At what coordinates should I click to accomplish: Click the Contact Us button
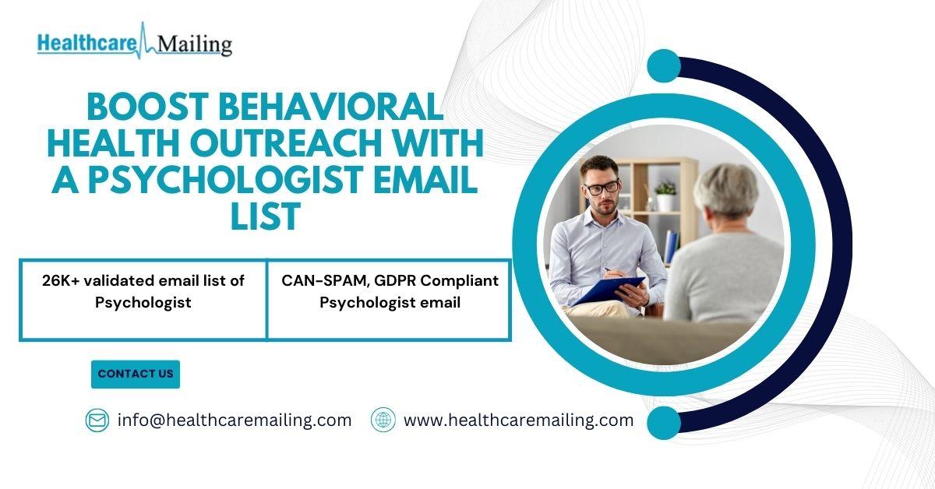[x=136, y=375]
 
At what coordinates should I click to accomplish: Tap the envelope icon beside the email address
[x=97, y=420]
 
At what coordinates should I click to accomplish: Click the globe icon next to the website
[x=383, y=420]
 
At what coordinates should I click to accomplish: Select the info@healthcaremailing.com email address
[x=235, y=420]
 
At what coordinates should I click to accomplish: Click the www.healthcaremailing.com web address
[x=518, y=420]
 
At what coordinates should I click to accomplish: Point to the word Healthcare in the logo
[x=87, y=44]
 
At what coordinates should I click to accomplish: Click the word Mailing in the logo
[x=195, y=44]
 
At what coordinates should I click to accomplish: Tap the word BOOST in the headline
[x=148, y=107]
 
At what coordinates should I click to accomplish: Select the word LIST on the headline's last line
[x=266, y=216]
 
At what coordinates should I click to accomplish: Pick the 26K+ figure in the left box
[x=61, y=281]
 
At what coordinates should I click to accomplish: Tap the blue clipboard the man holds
[x=610, y=290]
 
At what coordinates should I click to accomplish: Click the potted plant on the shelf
[x=665, y=195]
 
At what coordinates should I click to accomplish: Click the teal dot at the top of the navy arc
[x=664, y=66]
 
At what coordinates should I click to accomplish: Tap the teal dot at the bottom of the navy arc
[x=664, y=423]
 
